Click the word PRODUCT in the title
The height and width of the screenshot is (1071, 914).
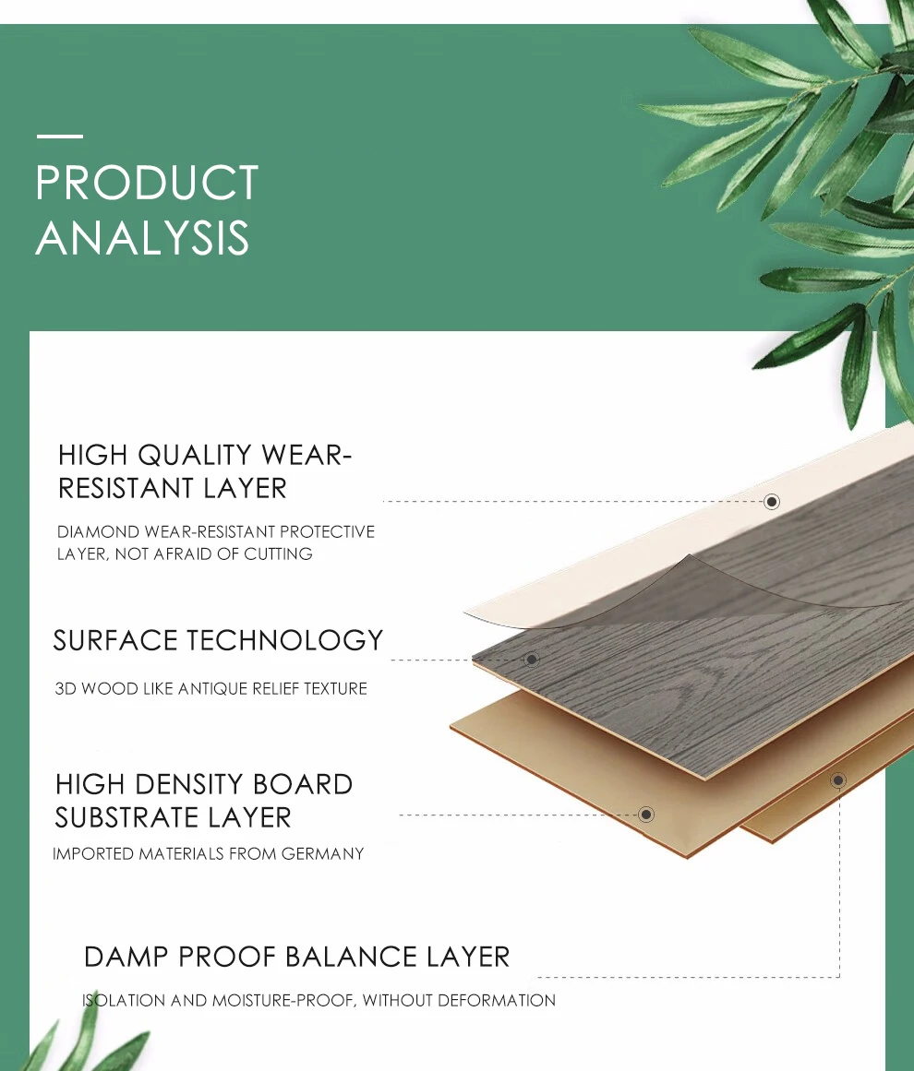[x=147, y=183]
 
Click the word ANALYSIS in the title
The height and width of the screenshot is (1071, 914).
[x=142, y=238]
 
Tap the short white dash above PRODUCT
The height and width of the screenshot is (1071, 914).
[x=59, y=137]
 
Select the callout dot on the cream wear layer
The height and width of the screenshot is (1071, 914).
[x=772, y=501]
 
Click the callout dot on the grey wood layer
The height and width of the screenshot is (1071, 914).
[x=531, y=659]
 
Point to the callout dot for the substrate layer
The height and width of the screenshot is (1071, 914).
[x=646, y=814]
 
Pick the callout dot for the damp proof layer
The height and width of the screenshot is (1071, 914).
[x=837, y=780]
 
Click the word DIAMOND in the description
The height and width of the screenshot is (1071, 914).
[x=98, y=532]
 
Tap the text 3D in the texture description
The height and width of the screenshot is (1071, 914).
[x=65, y=689]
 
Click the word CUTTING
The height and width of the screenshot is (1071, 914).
[x=278, y=554]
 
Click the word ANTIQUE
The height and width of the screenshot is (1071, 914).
[x=212, y=689]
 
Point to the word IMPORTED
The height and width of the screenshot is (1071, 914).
[x=93, y=854]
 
